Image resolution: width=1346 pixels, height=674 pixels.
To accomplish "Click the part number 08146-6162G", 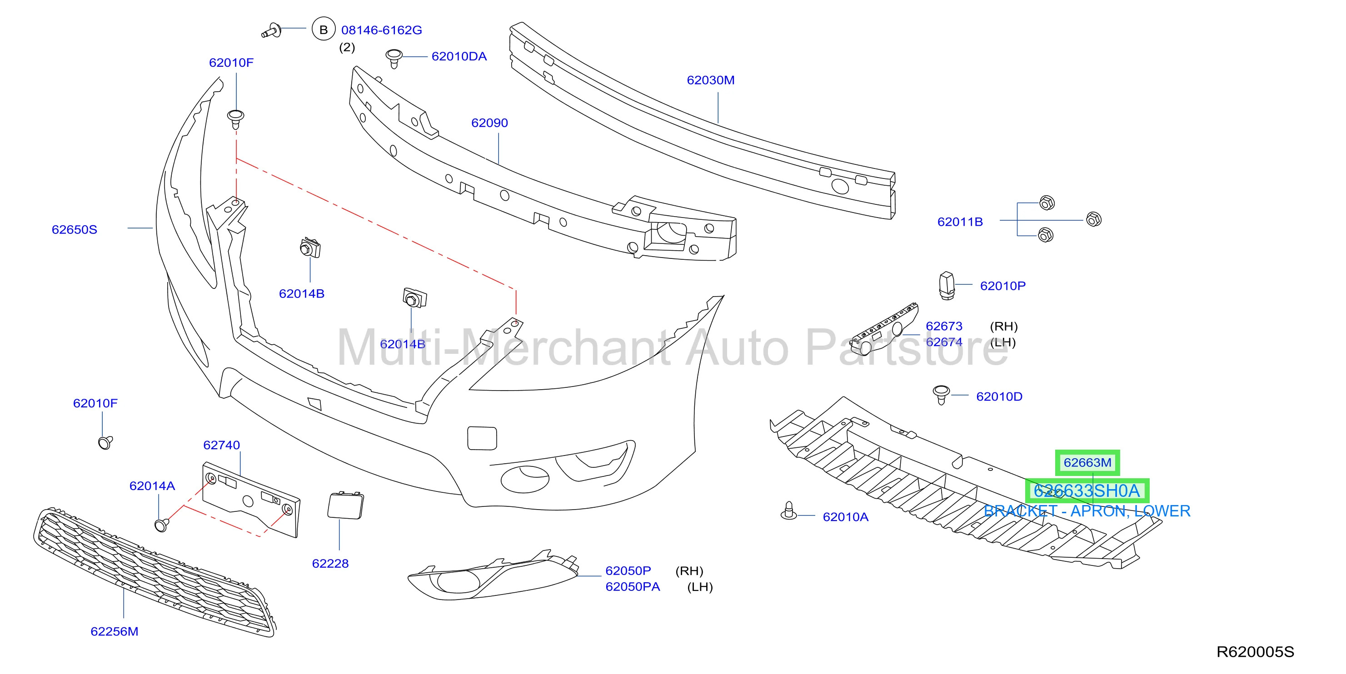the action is (x=381, y=30).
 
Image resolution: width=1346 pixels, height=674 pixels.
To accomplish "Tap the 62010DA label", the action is (x=459, y=56).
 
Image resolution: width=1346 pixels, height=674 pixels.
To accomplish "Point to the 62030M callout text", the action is (x=711, y=80).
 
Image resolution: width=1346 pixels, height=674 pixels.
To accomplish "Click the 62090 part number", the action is (x=489, y=123).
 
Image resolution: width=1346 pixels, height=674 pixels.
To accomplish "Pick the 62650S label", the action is (x=74, y=230).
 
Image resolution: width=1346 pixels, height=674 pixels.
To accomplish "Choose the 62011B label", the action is (x=960, y=222).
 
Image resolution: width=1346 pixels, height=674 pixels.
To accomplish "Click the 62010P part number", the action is (x=1003, y=286).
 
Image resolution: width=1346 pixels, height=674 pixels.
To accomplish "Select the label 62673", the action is (x=944, y=326).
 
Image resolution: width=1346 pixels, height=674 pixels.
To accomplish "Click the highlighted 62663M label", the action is (x=1087, y=462).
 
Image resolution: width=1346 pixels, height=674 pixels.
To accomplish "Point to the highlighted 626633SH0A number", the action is (x=1087, y=491).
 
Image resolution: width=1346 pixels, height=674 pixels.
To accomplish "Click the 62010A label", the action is (x=845, y=517).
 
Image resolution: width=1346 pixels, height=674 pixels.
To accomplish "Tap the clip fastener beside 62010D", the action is (x=941, y=394).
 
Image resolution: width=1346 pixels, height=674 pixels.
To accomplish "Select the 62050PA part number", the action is (x=632, y=587).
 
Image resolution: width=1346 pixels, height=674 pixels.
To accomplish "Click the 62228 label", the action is (x=330, y=564).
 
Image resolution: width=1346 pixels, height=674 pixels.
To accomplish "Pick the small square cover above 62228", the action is (x=345, y=505).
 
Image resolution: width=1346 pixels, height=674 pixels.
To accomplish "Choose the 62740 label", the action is (x=222, y=446).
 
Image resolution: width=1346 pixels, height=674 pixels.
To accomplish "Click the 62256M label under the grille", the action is (x=115, y=632).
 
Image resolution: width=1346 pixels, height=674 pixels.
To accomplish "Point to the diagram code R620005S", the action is (x=1255, y=652).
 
